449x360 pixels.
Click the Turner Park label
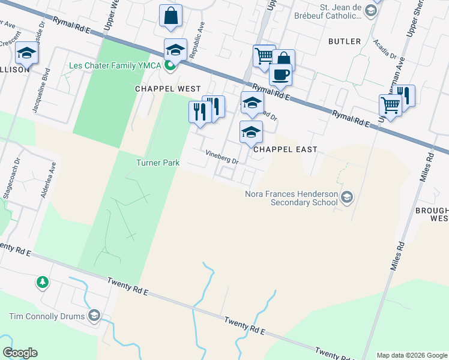[x=158, y=163]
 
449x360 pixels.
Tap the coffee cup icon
[x=280, y=75]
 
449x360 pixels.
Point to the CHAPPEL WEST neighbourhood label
[x=167, y=88]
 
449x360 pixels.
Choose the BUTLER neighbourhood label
[x=345, y=41]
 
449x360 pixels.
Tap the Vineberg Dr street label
[x=222, y=157]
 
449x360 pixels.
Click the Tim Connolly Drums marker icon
[x=94, y=316]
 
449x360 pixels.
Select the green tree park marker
[x=43, y=281]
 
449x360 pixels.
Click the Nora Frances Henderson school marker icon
[x=346, y=197]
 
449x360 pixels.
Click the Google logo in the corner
[x=20, y=353]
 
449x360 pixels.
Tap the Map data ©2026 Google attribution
[x=411, y=355]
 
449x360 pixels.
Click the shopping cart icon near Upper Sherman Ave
[x=390, y=106]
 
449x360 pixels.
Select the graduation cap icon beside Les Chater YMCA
[x=175, y=50]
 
